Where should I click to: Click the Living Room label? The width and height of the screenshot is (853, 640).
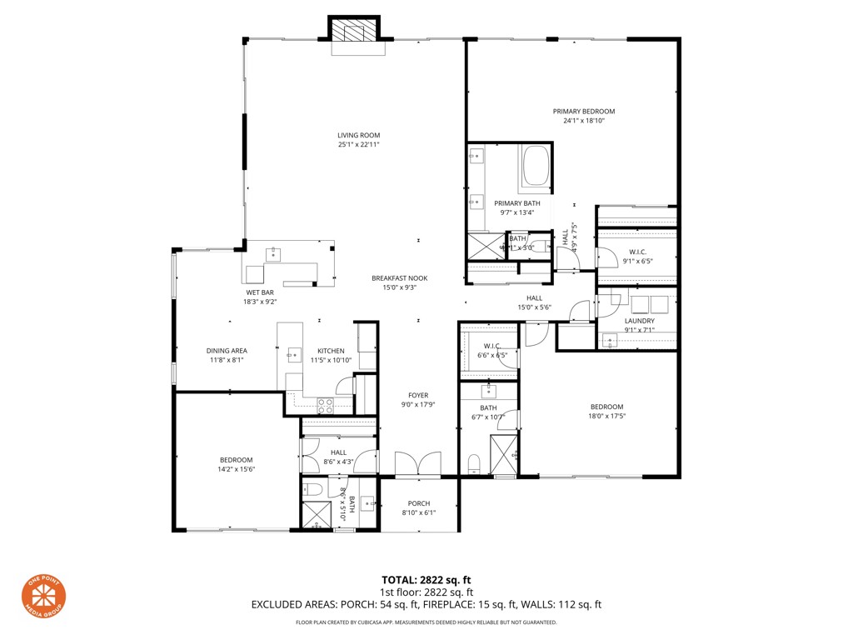358,135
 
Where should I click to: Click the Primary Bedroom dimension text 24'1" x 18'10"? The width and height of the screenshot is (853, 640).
583,121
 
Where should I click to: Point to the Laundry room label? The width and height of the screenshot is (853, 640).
639,320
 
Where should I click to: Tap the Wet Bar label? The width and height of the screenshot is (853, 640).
259,292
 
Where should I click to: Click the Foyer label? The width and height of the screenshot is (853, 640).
417,395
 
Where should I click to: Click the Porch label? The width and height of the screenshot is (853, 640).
417,503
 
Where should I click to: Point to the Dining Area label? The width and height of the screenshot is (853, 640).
227,351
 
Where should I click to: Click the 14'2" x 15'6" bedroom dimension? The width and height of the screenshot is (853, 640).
237,469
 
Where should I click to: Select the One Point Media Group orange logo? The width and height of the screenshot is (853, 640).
43,598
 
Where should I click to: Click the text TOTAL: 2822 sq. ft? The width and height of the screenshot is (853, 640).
426,580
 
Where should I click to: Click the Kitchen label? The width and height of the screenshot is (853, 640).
330,351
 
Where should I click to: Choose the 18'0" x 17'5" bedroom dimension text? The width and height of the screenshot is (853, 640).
606,416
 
